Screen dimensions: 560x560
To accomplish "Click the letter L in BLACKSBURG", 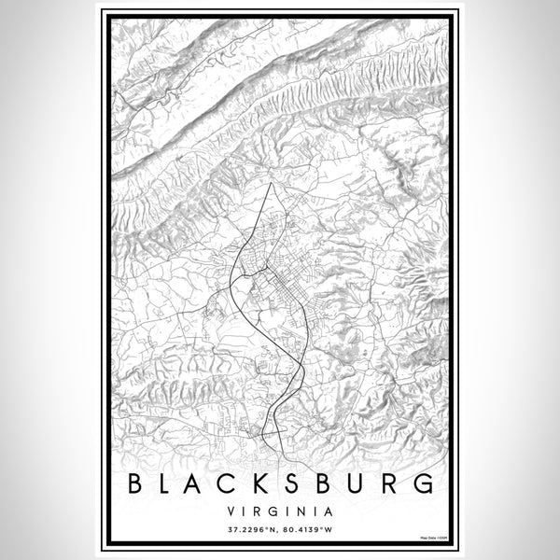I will pos(173,483).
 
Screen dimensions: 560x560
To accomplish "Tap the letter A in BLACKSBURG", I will pos(207,483).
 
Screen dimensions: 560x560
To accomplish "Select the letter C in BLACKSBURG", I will pos(245,483).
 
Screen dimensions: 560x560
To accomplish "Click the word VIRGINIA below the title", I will pos(280,511).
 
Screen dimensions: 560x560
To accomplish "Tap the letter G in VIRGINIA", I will pos(275,511).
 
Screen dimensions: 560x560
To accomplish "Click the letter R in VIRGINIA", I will pos(260,511).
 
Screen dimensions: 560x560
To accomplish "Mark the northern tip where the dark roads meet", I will pos(271,184).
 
